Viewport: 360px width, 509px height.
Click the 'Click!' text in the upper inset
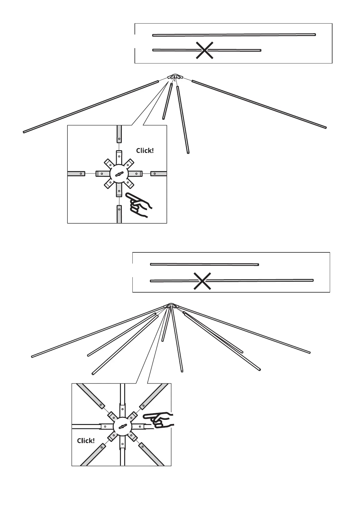(145, 151)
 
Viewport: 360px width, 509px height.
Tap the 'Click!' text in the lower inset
(86, 441)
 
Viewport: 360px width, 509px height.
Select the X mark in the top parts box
(205, 50)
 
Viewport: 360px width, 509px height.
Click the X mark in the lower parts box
(202, 281)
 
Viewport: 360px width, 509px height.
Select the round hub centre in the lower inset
(122, 427)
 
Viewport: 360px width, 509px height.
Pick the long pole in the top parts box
(234, 35)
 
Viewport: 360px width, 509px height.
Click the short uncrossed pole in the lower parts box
(204, 264)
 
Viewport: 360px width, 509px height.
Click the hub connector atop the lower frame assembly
(171, 306)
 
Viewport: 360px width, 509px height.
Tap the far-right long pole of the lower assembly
(245, 330)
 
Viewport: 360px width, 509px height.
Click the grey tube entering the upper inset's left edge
(76, 173)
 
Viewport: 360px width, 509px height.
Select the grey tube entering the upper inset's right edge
(159, 173)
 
